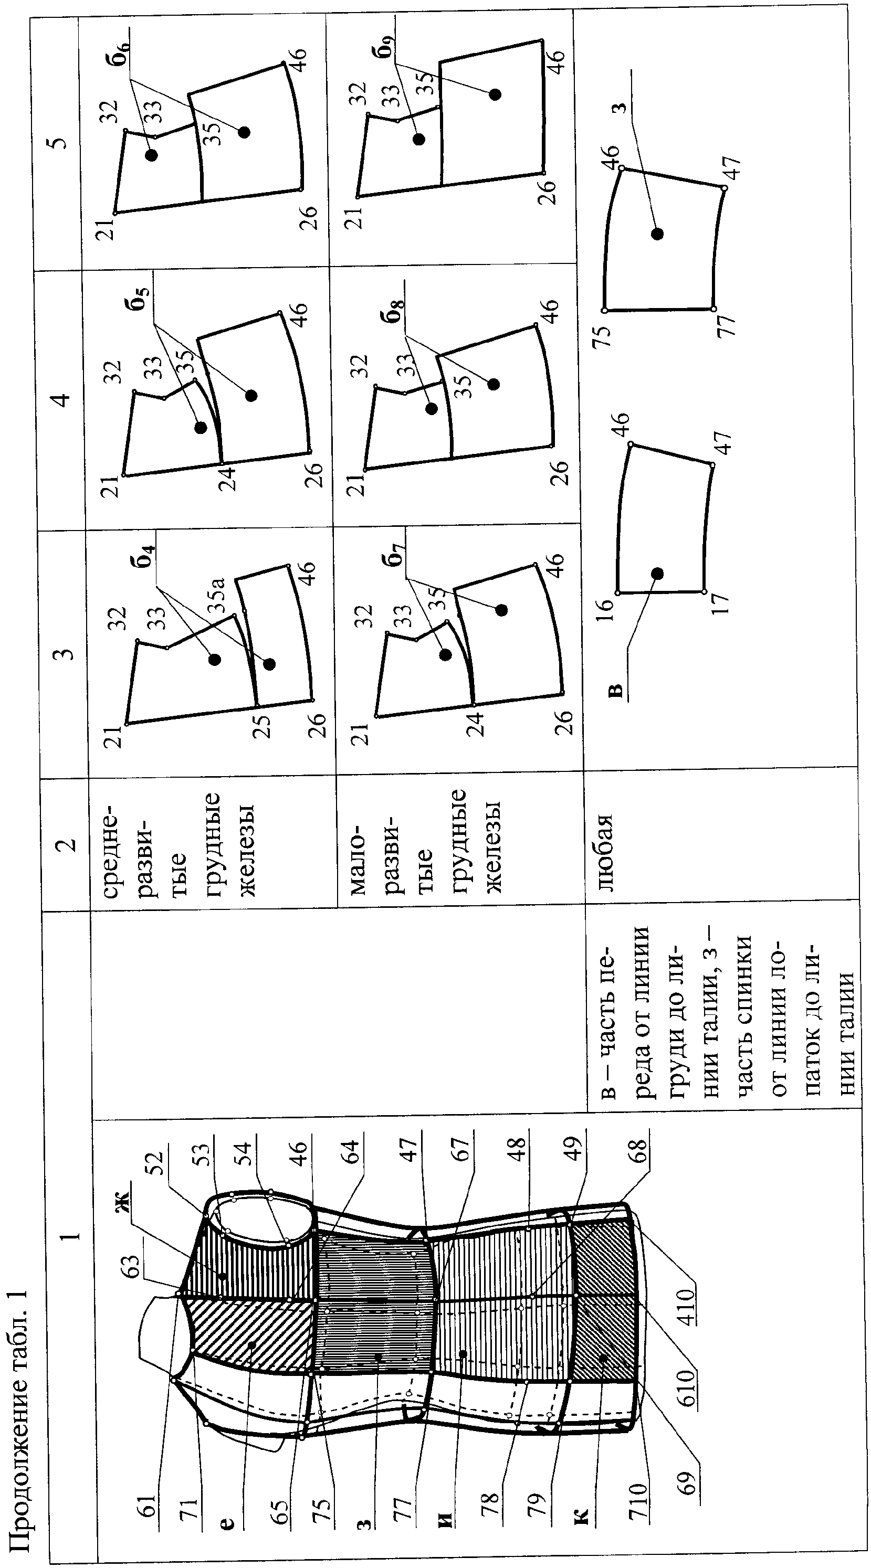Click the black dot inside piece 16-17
(x=657, y=574)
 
